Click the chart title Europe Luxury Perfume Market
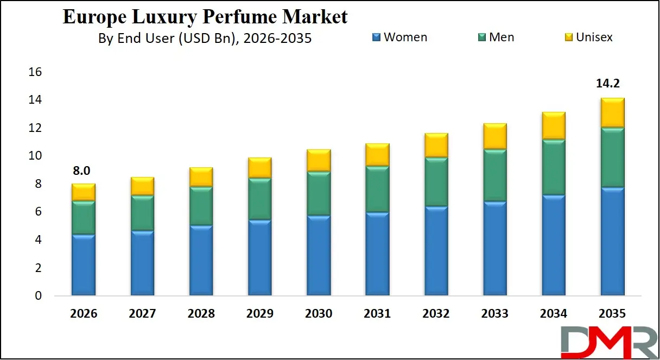(x=205, y=17)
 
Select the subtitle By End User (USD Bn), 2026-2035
(x=205, y=38)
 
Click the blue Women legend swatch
(x=376, y=37)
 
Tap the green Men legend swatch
(x=481, y=37)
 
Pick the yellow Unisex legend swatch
(x=568, y=37)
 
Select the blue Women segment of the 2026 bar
(x=84, y=265)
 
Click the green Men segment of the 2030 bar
(x=319, y=193)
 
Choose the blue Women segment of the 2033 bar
(x=495, y=249)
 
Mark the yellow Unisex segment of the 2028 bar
(x=201, y=177)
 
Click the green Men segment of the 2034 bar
(x=554, y=167)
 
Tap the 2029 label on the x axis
(x=259, y=314)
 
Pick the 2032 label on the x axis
(x=436, y=314)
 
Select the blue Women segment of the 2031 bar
(x=377, y=254)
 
